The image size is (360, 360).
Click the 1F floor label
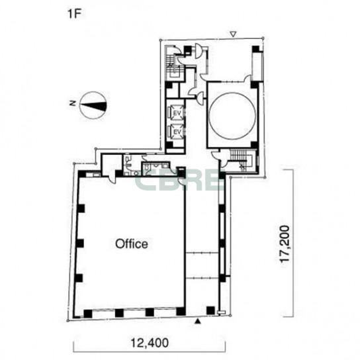(x=75, y=14)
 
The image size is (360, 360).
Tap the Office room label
(x=132, y=244)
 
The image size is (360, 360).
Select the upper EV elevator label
(x=177, y=113)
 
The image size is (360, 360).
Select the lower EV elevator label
(x=177, y=132)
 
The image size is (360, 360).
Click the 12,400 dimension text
(x=150, y=343)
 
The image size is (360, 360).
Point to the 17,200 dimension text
(x=285, y=244)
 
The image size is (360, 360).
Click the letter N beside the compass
(x=73, y=103)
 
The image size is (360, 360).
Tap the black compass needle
(x=93, y=105)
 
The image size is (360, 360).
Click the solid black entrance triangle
(x=198, y=322)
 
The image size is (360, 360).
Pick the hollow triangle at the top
(x=233, y=34)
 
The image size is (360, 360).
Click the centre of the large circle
(x=232, y=116)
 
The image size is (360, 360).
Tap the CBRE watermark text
(x=179, y=181)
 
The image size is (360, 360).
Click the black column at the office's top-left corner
(x=81, y=174)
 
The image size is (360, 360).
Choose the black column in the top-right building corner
(x=255, y=49)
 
